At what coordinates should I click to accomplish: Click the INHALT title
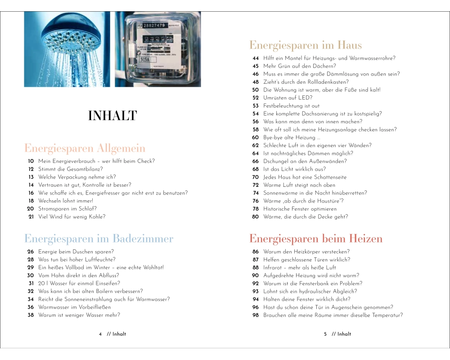[112, 116]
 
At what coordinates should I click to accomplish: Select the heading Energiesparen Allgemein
[85, 148]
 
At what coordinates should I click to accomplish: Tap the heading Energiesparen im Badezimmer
[99, 238]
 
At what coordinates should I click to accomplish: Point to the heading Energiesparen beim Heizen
[316, 238]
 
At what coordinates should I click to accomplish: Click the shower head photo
[67, 49]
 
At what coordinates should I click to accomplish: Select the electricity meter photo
[158, 49]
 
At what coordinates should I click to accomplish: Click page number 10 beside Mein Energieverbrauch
[31, 161]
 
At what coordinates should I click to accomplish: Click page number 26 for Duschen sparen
[31, 252]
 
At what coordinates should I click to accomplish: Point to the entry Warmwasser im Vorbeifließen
[74, 307]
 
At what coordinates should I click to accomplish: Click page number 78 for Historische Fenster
[256, 209]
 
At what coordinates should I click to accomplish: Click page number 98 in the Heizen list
[256, 315]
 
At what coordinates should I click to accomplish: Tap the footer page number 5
[325, 334]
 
